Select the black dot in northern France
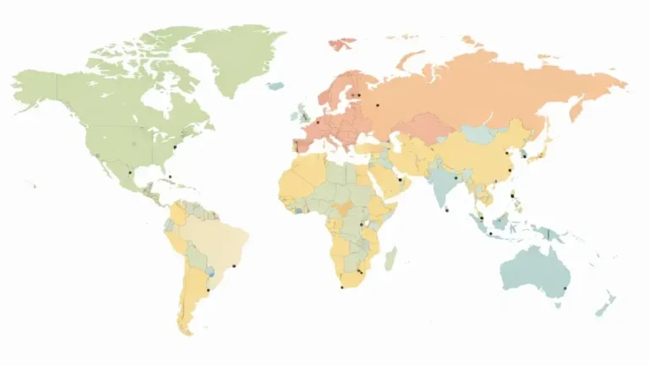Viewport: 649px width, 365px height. pyautogui.click(x=318, y=123)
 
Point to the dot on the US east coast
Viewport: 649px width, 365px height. pyautogui.click(x=174, y=148)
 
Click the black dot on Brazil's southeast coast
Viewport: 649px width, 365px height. pyautogui.click(x=234, y=267)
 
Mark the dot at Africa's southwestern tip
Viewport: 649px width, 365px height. pyautogui.click(x=341, y=287)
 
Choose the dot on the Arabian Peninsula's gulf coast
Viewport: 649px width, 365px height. pyautogui.click(x=398, y=179)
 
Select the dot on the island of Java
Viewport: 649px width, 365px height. pyautogui.click(x=489, y=233)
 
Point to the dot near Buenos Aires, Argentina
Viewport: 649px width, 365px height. pyautogui.click(x=208, y=291)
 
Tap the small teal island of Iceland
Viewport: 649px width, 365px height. pyautogui.click(x=275, y=84)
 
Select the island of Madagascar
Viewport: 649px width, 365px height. pyautogui.click(x=390, y=258)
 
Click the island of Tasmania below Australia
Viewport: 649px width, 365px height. pyautogui.click(x=558, y=305)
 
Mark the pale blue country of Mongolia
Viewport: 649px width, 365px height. pyautogui.click(x=479, y=133)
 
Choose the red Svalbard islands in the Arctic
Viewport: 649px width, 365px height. pyautogui.click(x=342, y=41)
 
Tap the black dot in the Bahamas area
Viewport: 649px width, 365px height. pyautogui.click(x=169, y=176)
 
